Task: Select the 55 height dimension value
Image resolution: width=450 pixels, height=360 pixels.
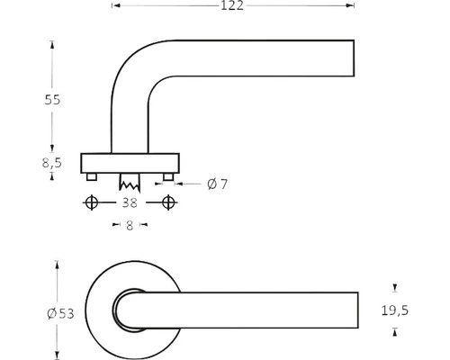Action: [x=53, y=100]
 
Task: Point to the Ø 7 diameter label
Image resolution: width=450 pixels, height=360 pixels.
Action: [x=217, y=184]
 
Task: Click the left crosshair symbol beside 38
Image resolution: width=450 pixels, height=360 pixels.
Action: [x=90, y=203]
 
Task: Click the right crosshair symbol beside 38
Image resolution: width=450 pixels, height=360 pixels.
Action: [x=168, y=203]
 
